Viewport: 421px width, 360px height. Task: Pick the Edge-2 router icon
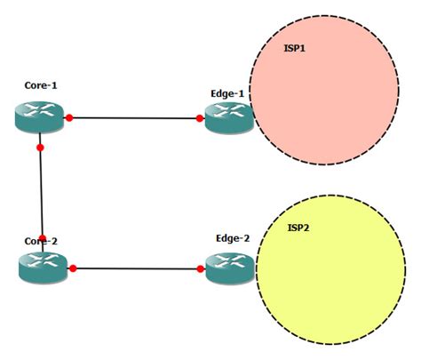[x=230, y=268]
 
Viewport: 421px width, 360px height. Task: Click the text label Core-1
[x=42, y=86]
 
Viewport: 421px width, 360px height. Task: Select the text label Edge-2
[x=233, y=238]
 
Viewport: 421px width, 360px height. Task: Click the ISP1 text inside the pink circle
[x=295, y=48]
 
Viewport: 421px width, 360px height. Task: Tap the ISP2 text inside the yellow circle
[x=299, y=228]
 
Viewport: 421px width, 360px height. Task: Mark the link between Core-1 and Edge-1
[x=133, y=116]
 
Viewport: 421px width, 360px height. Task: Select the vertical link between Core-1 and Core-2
[x=41, y=191]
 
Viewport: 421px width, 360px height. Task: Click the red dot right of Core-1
[x=68, y=116]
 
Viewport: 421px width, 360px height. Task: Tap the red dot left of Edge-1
[x=200, y=117]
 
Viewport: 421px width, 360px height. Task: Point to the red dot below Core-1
[x=40, y=147]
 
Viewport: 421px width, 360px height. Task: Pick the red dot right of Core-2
[x=73, y=268]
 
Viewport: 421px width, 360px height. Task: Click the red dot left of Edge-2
[x=201, y=268]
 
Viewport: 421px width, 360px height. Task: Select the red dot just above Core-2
[x=42, y=238]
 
